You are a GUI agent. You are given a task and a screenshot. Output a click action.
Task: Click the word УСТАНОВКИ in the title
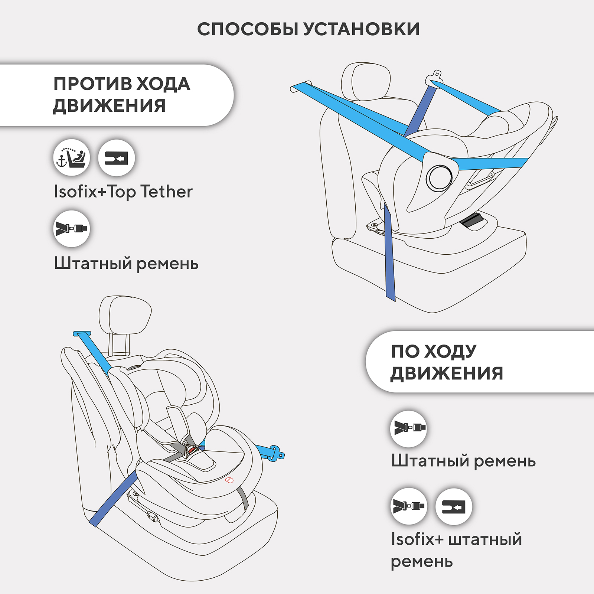pyautogui.click(x=362, y=29)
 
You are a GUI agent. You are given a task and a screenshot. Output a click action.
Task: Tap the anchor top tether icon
pyautogui.click(x=72, y=158)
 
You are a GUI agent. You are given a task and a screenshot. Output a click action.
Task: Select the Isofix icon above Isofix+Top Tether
pyautogui.click(x=116, y=158)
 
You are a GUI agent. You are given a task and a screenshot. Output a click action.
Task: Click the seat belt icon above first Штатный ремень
pyautogui.click(x=72, y=228)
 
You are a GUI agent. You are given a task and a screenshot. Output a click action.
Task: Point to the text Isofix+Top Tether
pyautogui.click(x=123, y=192)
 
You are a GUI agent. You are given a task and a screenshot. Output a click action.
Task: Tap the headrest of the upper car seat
pyautogui.click(x=366, y=82)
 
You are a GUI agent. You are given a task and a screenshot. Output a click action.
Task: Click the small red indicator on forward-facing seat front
pyautogui.click(x=229, y=480)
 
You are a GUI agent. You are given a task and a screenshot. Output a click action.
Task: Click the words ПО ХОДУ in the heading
pyautogui.click(x=433, y=351)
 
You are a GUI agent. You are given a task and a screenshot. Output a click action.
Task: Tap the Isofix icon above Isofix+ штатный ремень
pyautogui.click(x=453, y=506)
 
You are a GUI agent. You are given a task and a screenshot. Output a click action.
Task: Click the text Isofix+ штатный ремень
pyautogui.click(x=456, y=550)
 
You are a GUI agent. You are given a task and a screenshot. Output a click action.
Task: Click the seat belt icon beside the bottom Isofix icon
pyautogui.click(x=409, y=506)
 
